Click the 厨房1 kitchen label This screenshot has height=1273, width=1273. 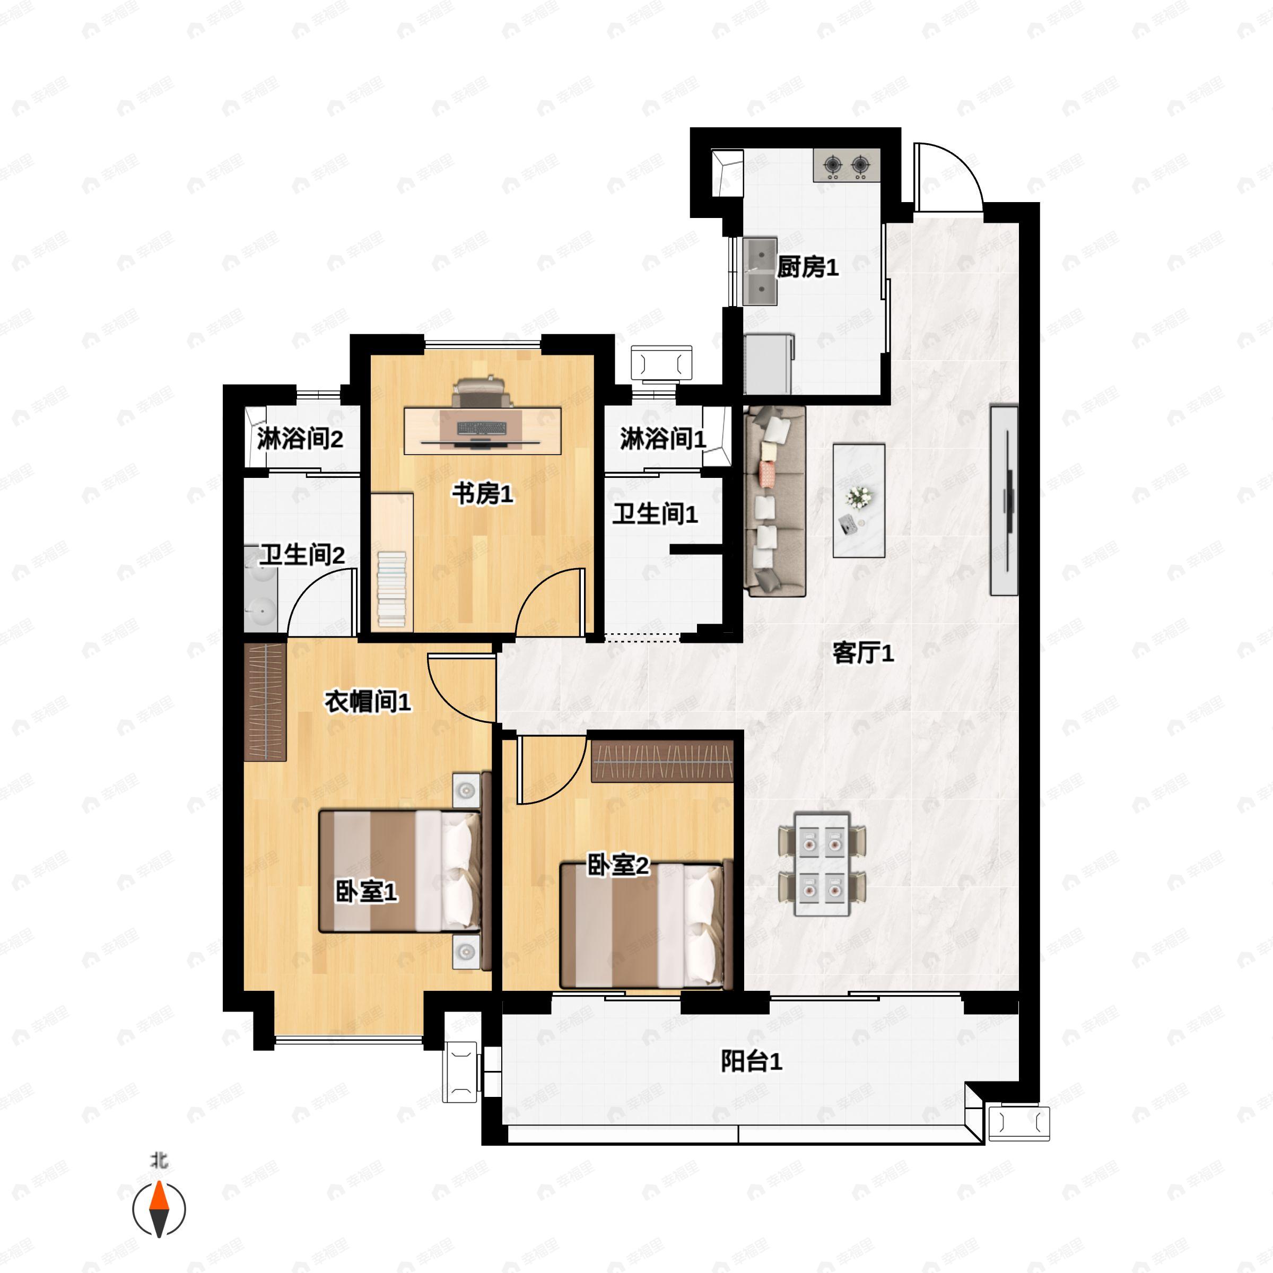tap(807, 267)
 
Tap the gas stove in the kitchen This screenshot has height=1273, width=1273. tap(847, 165)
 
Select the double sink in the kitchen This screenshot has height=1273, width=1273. tap(760, 272)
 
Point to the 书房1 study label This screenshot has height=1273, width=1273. tap(482, 493)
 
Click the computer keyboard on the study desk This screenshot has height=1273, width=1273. tap(482, 429)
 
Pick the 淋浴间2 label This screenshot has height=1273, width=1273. tap(300, 438)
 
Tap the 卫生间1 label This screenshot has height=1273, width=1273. tap(655, 514)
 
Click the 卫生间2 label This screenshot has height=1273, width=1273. tap(302, 555)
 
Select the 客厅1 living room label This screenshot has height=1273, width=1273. tap(863, 653)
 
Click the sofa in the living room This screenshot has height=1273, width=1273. tap(775, 501)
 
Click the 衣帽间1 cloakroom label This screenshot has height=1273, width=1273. tap(368, 702)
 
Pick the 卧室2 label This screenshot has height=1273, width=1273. tap(618, 865)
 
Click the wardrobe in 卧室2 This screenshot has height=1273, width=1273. tap(662, 762)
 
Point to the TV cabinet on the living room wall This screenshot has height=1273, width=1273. tap(1004, 501)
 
